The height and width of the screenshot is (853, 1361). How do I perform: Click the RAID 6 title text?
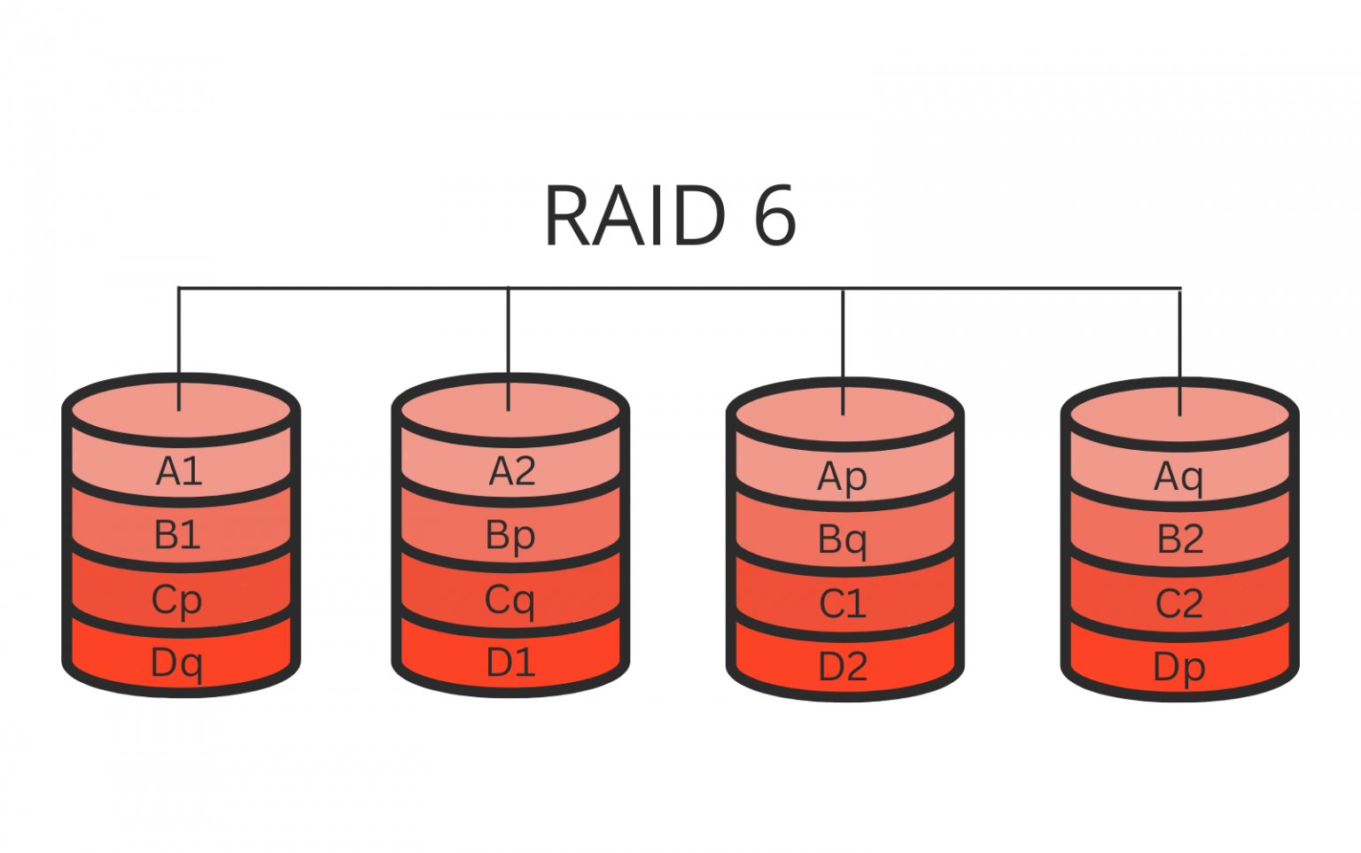(670, 215)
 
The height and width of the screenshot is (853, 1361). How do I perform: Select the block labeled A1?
(180, 471)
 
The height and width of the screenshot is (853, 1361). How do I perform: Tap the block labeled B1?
(178, 535)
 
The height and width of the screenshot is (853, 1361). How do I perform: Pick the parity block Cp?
(177, 600)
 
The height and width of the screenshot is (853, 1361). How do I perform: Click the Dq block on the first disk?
(177, 663)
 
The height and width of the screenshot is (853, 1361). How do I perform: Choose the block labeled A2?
(512, 471)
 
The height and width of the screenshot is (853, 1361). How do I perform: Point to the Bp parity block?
(510, 535)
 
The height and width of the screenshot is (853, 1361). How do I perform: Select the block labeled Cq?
(509, 600)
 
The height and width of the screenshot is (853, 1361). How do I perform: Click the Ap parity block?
(842, 477)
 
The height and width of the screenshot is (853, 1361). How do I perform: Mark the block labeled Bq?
(842, 539)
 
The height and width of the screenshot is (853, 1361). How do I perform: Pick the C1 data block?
(842, 604)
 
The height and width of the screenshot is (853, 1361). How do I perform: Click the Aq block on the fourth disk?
(1178, 477)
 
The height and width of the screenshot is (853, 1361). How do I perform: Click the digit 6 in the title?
(775, 215)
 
